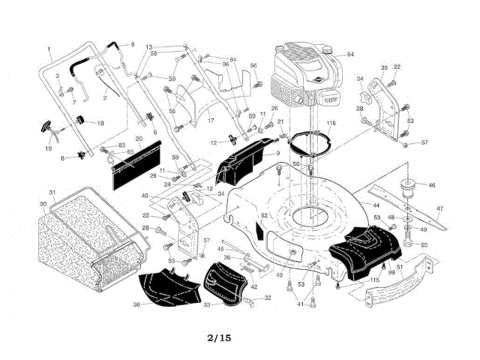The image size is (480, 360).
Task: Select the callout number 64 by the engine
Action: tap(349, 55)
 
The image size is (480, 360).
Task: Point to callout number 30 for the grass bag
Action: tap(43, 203)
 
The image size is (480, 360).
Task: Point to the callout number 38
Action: tap(136, 304)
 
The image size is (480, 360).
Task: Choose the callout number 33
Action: tap(208, 305)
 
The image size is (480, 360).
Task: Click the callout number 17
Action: tap(211, 120)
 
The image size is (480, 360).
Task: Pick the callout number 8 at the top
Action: tap(133, 45)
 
